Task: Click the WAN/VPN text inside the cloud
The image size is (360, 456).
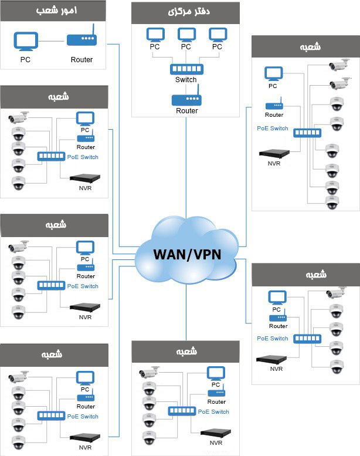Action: click(187, 255)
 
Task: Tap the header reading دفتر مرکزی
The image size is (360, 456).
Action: click(185, 12)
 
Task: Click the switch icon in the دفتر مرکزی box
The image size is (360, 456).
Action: click(186, 69)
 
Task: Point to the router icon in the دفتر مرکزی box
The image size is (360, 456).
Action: click(186, 99)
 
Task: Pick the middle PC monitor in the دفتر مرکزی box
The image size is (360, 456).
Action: click(186, 35)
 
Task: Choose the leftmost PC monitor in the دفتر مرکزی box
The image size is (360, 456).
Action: click(154, 35)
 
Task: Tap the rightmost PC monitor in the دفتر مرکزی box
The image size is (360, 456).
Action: click(218, 35)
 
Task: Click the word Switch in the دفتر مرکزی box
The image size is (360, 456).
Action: click(186, 80)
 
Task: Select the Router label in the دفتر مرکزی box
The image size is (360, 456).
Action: click(186, 111)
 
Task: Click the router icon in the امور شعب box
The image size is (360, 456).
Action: click(81, 40)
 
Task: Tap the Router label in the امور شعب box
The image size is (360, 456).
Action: click(81, 59)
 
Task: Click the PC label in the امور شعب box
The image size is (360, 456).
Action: click(25, 59)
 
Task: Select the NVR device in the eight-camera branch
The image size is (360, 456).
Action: click(274, 154)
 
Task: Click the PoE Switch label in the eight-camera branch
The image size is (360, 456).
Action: click(273, 128)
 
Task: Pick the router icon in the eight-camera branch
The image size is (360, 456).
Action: click(274, 106)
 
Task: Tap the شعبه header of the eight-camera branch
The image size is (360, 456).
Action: click(304, 46)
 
